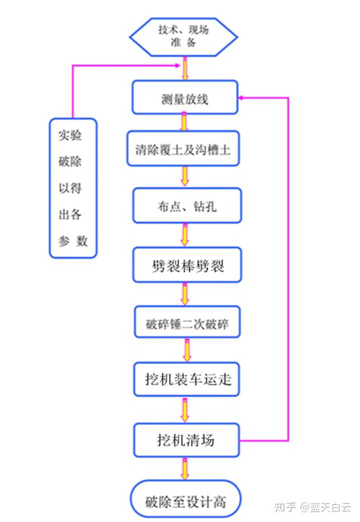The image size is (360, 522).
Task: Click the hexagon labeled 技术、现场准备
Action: point(183,36)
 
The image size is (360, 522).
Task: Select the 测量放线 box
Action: point(184,97)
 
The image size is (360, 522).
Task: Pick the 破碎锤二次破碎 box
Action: point(187,323)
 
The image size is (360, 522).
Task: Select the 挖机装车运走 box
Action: point(186,379)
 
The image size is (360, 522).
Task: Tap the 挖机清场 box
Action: point(186,440)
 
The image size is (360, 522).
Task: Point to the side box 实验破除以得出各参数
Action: point(73,187)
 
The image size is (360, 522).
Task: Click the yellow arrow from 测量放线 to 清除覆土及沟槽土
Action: point(184,122)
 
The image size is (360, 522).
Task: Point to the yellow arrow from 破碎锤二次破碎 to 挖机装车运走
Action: point(187,350)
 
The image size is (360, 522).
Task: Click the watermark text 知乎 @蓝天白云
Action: point(313,506)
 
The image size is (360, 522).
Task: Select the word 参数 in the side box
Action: point(73,241)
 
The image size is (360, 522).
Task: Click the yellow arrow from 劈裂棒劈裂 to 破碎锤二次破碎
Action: point(185,294)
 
